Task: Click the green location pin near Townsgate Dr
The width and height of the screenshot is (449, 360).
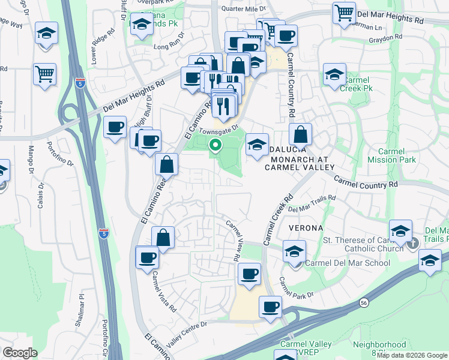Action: pyautogui.click(x=215, y=145)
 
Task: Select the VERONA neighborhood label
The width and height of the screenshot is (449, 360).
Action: pyautogui.click(x=305, y=229)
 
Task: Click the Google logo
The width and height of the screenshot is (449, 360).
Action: pyautogui.click(x=20, y=352)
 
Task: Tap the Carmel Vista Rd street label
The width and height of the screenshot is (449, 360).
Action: pyautogui.click(x=164, y=292)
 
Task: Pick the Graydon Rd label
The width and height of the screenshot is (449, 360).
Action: pyautogui.click(x=385, y=38)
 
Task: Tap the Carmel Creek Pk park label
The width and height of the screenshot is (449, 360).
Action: pyautogui.click(x=357, y=84)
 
